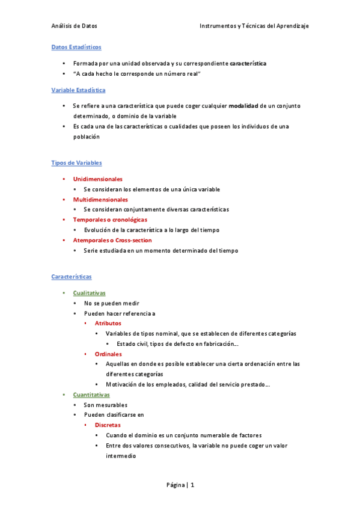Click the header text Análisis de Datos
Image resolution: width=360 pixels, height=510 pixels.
click(x=74, y=26)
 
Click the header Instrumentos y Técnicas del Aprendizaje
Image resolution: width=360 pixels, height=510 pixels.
click(x=254, y=26)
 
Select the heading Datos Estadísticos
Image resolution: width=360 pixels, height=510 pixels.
click(x=76, y=47)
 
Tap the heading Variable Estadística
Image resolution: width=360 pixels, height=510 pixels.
click(x=78, y=90)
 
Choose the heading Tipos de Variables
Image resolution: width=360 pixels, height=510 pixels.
click(x=76, y=163)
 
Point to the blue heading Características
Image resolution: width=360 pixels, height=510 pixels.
click(x=72, y=277)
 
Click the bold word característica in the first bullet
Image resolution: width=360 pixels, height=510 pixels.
click(x=248, y=63)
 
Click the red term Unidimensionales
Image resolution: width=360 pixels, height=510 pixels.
click(x=98, y=179)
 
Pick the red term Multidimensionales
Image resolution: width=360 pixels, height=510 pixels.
click(x=100, y=200)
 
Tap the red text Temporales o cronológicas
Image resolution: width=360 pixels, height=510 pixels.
click(x=110, y=220)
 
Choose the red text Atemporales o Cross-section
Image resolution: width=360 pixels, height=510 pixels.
click(x=112, y=241)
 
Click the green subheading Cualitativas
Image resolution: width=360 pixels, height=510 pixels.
click(x=89, y=293)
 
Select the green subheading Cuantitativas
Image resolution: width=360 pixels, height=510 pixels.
click(x=91, y=395)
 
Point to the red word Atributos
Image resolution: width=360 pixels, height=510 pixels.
click(x=108, y=324)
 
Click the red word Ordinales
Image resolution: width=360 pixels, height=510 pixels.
click(x=108, y=354)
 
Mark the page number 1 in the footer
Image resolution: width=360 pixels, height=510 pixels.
click(x=192, y=485)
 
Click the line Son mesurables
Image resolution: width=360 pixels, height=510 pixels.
click(x=106, y=405)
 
